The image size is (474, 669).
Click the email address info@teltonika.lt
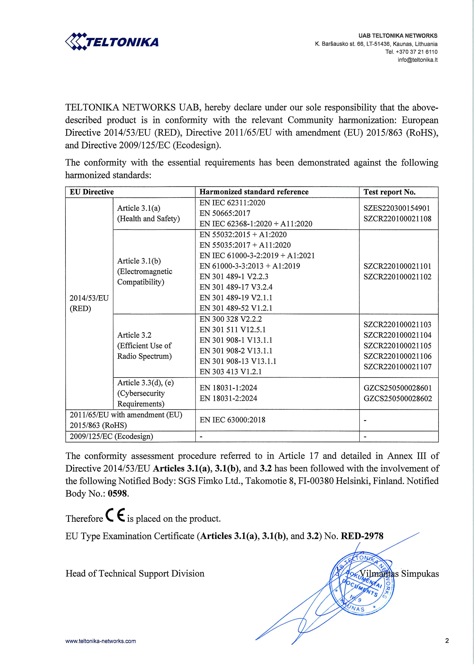[x=417, y=60]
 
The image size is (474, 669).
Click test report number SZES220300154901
[x=396, y=208]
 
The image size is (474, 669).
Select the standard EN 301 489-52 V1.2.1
[x=236, y=308]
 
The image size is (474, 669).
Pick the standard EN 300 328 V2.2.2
[x=231, y=319]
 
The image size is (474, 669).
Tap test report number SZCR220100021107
[x=397, y=367]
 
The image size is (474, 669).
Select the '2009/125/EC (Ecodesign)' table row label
[x=111, y=436]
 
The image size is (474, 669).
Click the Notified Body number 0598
[x=118, y=494]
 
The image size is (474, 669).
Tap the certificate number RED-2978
[x=362, y=536]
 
